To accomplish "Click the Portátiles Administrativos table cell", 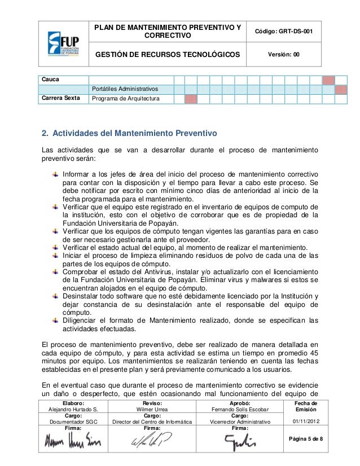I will coord(125,90).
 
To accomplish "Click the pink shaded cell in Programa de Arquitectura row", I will coord(191,99).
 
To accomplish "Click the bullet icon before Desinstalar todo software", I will coord(55,297).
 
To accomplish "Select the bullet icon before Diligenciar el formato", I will coord(55,320).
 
